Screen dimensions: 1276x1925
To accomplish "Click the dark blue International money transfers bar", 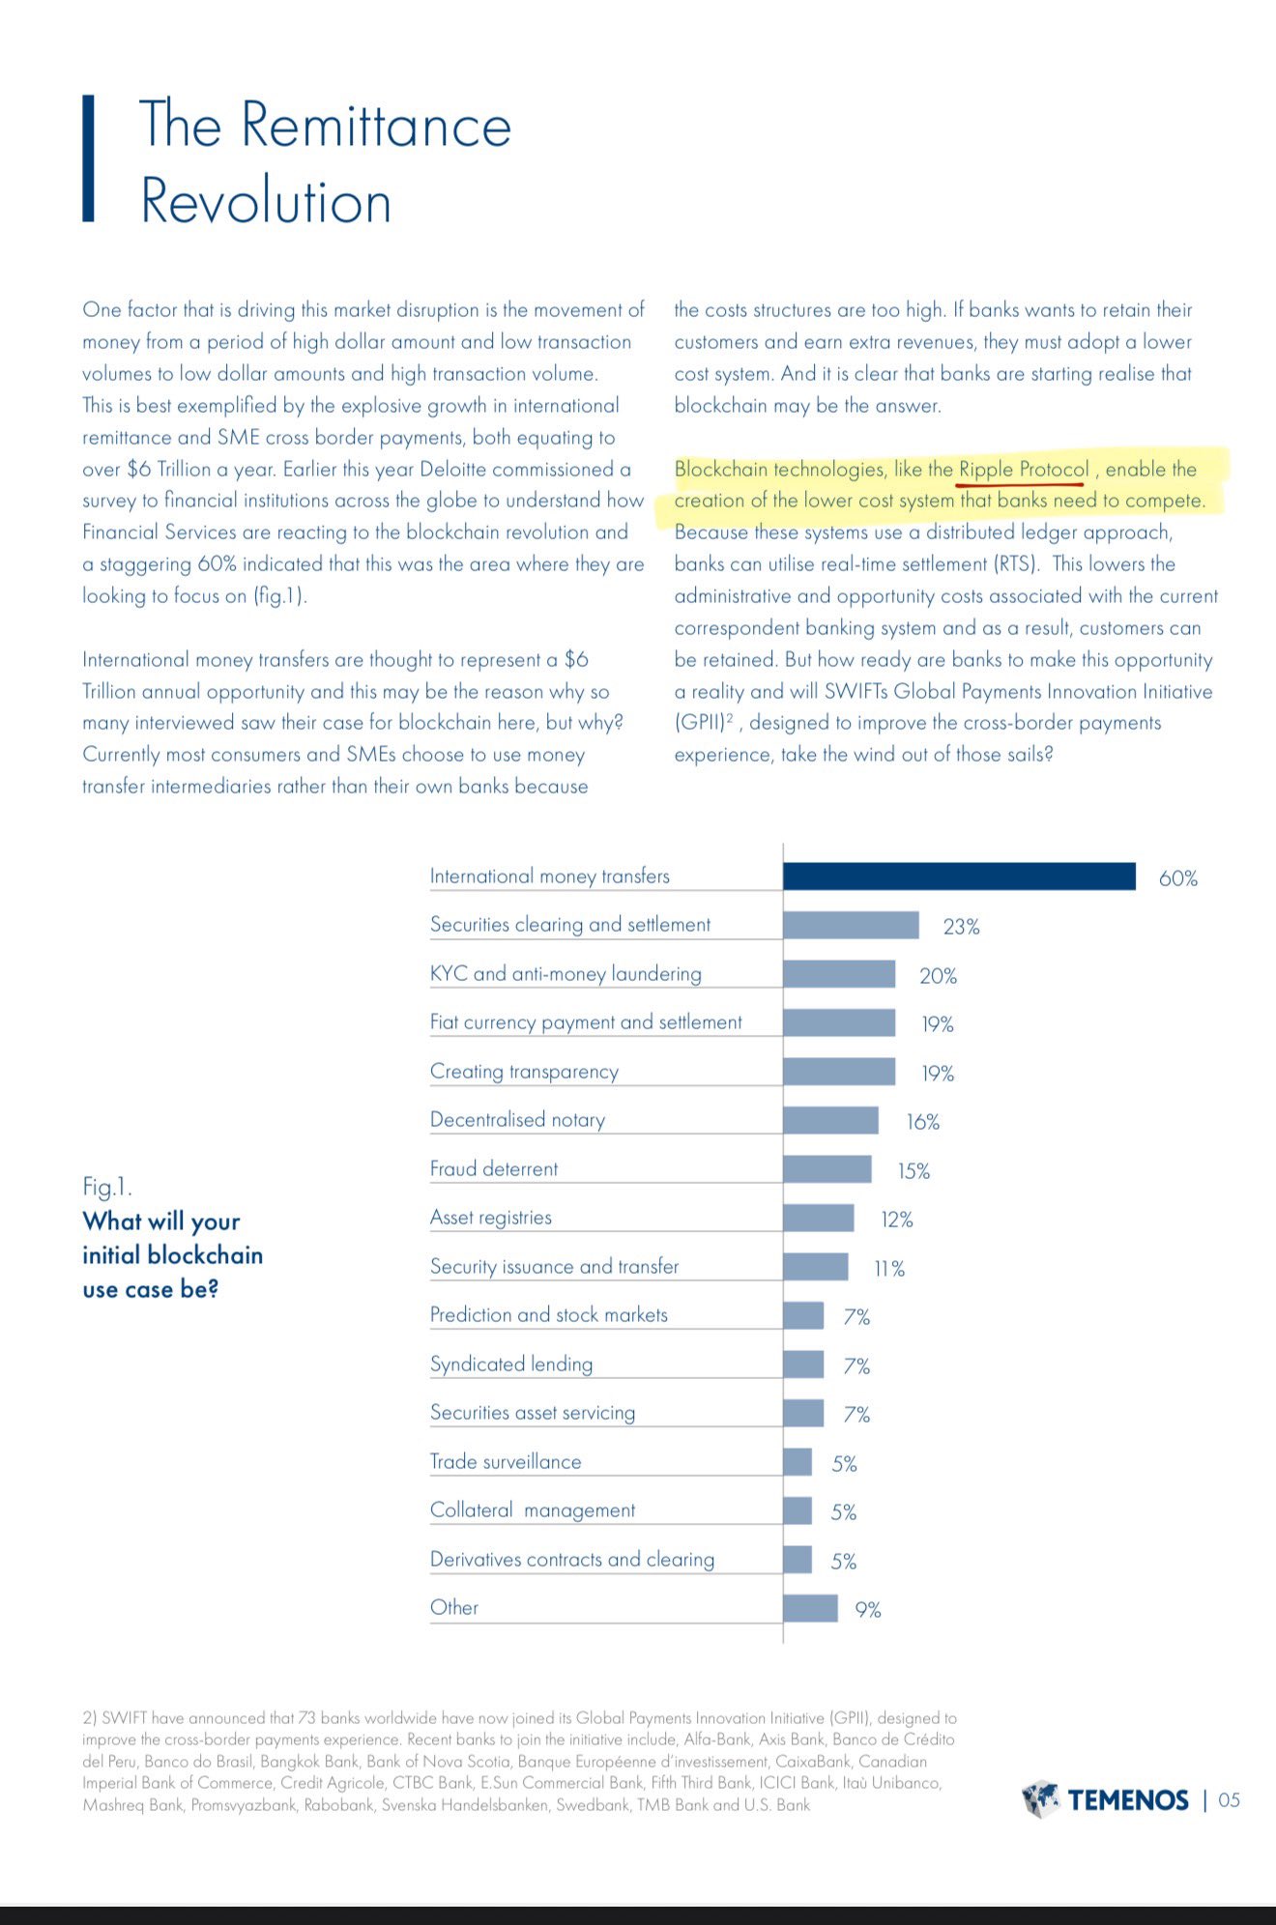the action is point(959,876).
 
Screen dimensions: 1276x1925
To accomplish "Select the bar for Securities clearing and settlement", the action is point(851,925).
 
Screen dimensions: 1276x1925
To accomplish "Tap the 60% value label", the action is point(1177,878).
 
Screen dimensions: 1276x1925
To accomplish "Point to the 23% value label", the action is point(961,927).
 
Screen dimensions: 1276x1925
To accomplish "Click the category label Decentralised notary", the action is point(517,1119).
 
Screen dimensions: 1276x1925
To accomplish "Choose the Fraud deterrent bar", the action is point(827,1168).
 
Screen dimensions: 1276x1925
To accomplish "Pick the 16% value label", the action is point(922,1122).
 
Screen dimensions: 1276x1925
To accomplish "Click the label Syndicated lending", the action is point(511,1364).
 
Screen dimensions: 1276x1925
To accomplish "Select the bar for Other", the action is point(810,1608).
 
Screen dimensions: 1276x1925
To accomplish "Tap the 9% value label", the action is point(867,1610).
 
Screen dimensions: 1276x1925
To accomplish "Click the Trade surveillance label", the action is point(506,1461).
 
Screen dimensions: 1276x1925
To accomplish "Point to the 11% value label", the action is point(889,1269).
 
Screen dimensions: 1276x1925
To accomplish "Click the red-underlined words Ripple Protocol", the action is point(1024,470).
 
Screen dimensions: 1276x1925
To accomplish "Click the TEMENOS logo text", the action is point(1128,1799).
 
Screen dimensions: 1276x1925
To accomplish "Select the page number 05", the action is point(1229,1799).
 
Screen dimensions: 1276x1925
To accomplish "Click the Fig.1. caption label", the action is point(107,1187).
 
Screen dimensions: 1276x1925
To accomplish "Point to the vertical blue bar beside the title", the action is point(88,158).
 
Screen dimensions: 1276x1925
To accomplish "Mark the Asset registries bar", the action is point(819,1218).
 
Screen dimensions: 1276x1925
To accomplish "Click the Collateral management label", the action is point(533,1510).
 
